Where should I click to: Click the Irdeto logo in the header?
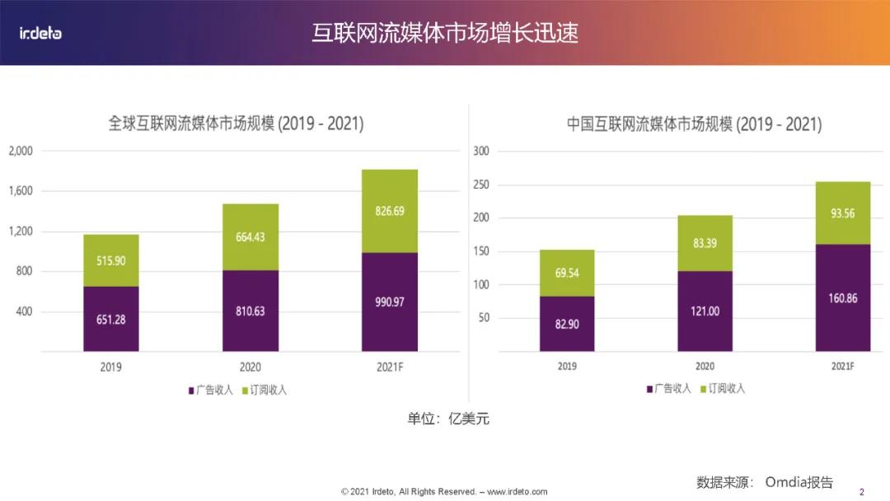[40, 33]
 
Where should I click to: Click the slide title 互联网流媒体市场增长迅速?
[444, 33]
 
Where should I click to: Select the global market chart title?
[236, 124]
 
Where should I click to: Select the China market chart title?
[694, 124]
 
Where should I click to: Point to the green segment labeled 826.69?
[390, 210]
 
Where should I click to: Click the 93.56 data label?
[842, 213]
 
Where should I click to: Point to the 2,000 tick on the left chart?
[21, 151]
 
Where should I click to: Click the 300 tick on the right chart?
[481, 151]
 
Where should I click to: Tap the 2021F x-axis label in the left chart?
[390, 367]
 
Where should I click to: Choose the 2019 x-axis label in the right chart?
[567, 366]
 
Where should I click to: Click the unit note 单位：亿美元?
[448, 419]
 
